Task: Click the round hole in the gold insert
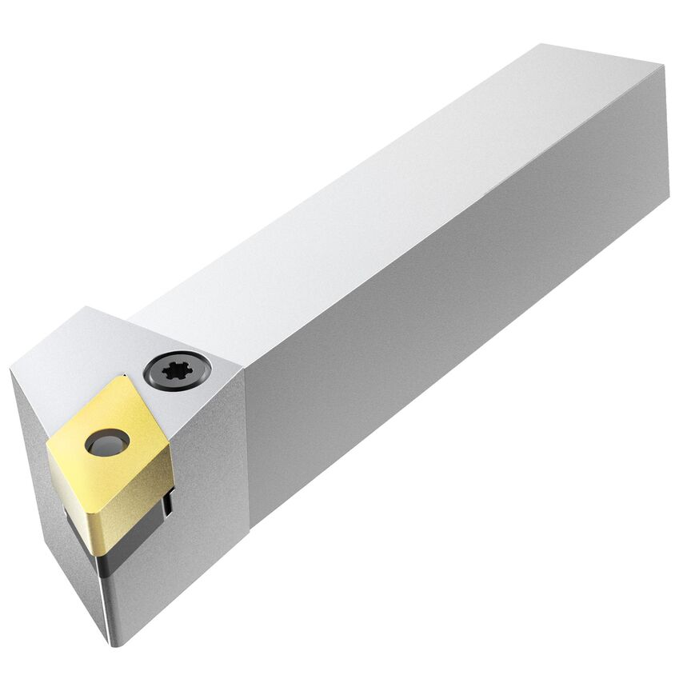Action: (107, 442)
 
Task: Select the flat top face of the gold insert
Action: (112, 436)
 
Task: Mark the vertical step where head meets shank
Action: (248, 448)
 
